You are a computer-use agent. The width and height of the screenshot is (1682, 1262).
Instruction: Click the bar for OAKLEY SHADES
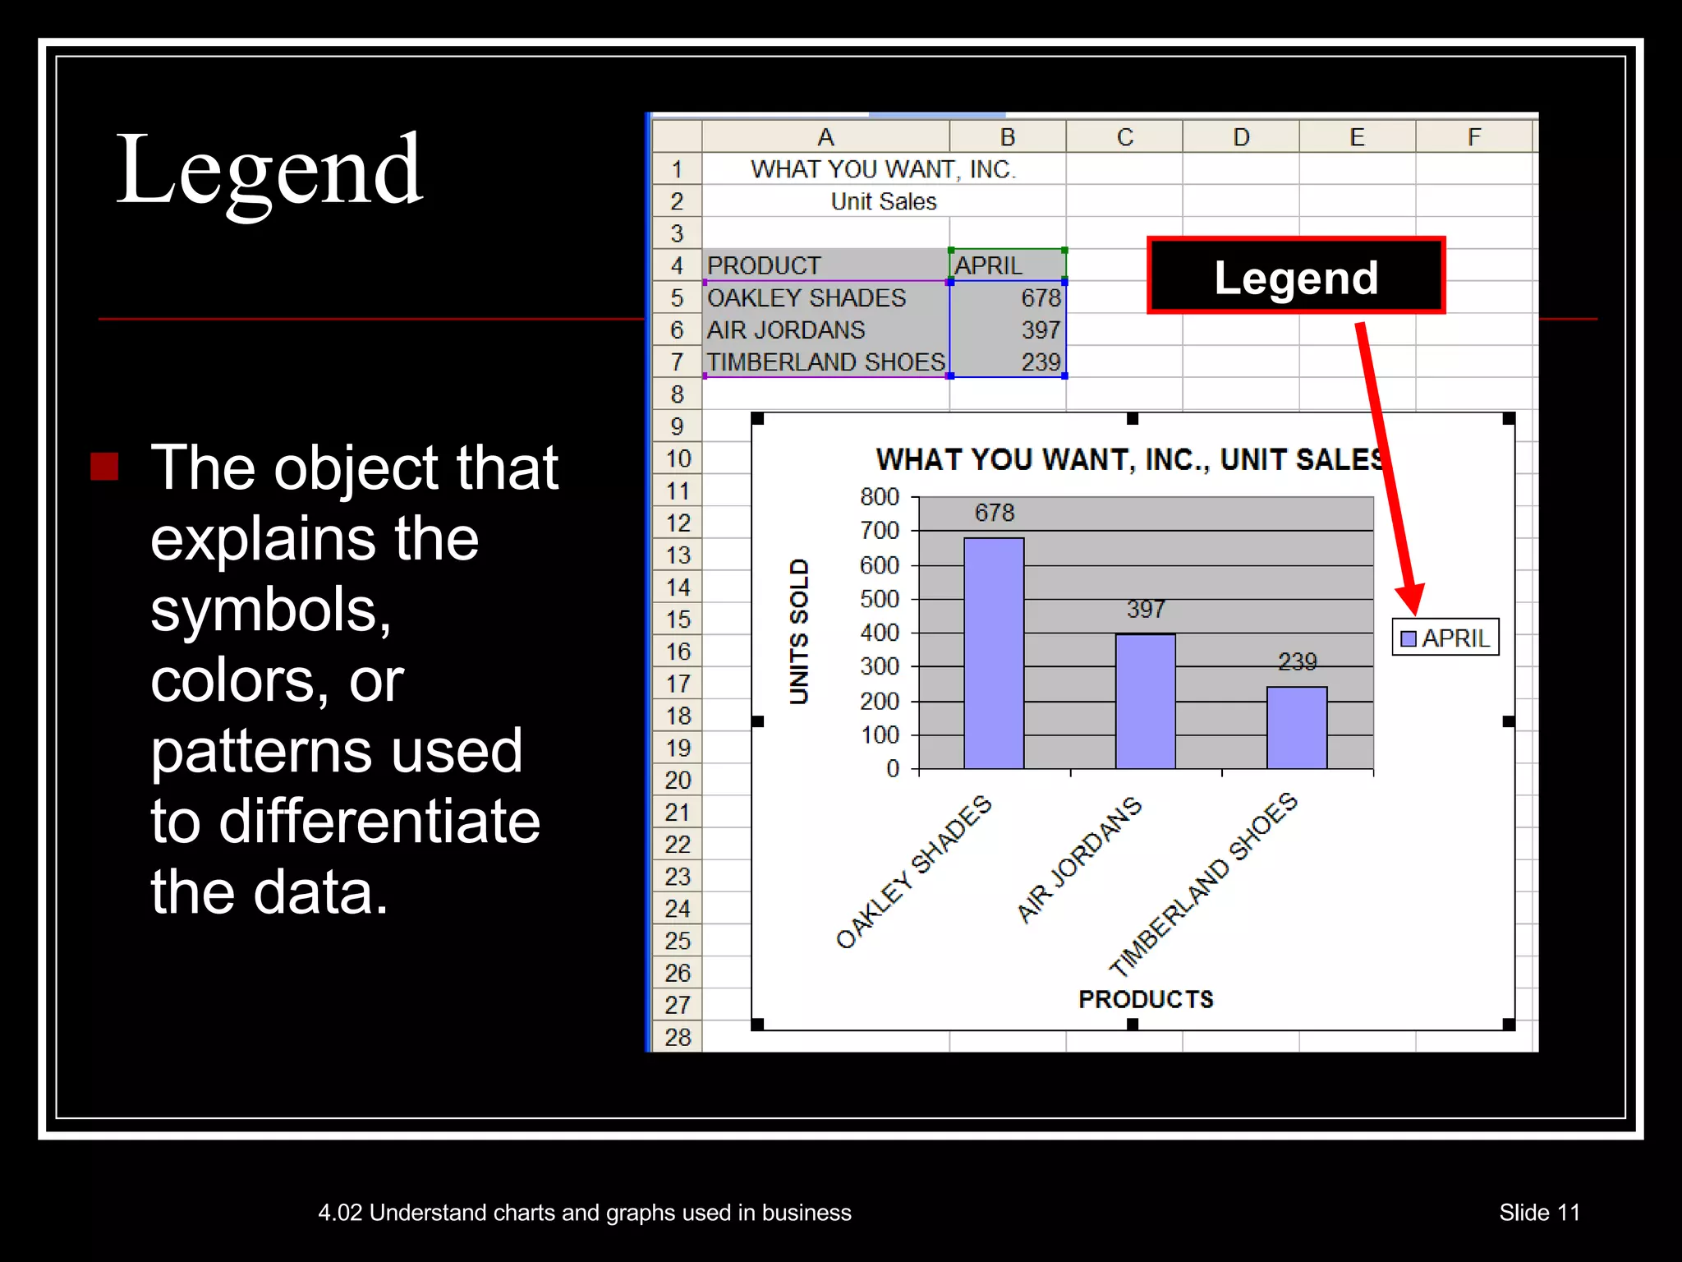click(x=994, y=653)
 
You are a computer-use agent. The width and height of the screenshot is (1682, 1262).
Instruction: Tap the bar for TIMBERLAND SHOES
click(x=1296, y=727)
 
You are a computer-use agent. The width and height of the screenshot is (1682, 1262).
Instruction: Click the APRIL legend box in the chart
click(x=1445, y=638)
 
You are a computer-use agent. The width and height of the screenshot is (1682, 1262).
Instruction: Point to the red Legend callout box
click(x=1296, y=276)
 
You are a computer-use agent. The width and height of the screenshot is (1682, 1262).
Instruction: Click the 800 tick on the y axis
click(x=880, y=497)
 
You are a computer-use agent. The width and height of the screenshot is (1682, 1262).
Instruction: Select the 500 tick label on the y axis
click(x=880, y=599)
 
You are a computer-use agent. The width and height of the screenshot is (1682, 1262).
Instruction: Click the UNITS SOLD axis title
click(x=799, y=631)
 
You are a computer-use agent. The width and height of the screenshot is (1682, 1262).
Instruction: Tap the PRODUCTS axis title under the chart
click(x=1146, y=999)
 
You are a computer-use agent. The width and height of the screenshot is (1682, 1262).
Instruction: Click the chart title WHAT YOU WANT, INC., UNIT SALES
click(x=1130, y=459)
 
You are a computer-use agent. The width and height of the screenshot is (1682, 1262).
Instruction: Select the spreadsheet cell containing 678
click(x=1008, y=297)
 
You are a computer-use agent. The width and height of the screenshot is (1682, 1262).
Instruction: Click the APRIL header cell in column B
click(x=1008, y=265)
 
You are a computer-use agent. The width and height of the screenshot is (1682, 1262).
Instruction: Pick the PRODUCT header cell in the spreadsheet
click(x=825, y=265)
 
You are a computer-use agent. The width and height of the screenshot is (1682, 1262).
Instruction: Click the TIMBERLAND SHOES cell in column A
click(x=825, y=362)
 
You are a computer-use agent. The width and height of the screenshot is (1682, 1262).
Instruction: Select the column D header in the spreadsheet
click(x=1241, y=137)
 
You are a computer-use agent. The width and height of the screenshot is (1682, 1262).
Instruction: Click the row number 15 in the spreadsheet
click(x=678, y=619)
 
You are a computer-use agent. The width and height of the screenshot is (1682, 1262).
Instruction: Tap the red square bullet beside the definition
click(x=104, y=466)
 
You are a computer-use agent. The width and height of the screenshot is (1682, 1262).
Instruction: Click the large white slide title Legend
click(x=269, y=170)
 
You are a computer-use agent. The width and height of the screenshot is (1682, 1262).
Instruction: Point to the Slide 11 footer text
click(x=1539, y=1213)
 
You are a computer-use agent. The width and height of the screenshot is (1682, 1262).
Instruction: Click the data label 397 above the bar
click(x=1146, y=609)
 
